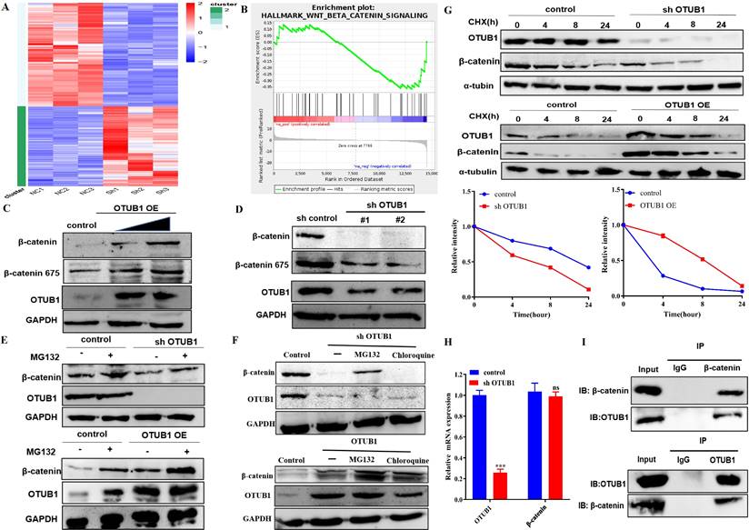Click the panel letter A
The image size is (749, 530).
[8, 8]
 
